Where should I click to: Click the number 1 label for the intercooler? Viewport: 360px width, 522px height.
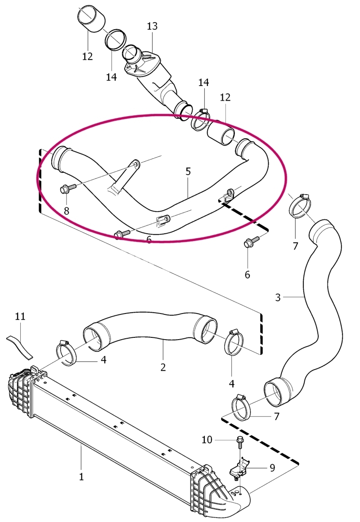coord(81,477)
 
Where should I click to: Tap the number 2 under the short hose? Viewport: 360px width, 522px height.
coord(163,367)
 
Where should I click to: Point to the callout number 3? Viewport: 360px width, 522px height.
coord(278,297)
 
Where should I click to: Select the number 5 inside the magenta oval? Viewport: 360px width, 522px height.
coord(188,172)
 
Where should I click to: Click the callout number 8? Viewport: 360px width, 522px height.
coord(67,211)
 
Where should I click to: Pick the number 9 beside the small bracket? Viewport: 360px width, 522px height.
coord(273,468)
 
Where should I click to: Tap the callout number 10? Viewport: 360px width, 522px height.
coord(207,440)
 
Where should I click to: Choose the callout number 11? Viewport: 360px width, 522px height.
coord(20,316)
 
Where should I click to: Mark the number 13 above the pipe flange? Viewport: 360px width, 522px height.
coord(152,26)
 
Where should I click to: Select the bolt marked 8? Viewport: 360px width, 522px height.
coord(68,189)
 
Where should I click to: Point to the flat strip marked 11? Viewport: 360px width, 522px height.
coord(20,346)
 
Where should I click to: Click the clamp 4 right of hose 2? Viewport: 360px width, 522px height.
coord(235,343)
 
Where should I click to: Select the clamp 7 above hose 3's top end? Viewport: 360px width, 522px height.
coord(301,206)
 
